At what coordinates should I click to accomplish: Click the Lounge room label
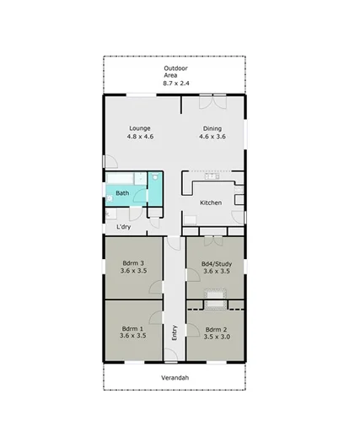139,128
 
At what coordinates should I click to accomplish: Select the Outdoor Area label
175,68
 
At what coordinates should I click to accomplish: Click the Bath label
122,192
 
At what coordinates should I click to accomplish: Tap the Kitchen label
210,203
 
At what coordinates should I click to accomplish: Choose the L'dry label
123,226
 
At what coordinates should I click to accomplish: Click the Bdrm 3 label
133,262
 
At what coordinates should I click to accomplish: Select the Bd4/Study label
216,262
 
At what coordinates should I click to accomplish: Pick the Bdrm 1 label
133,327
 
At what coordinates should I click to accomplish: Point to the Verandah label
175,378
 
